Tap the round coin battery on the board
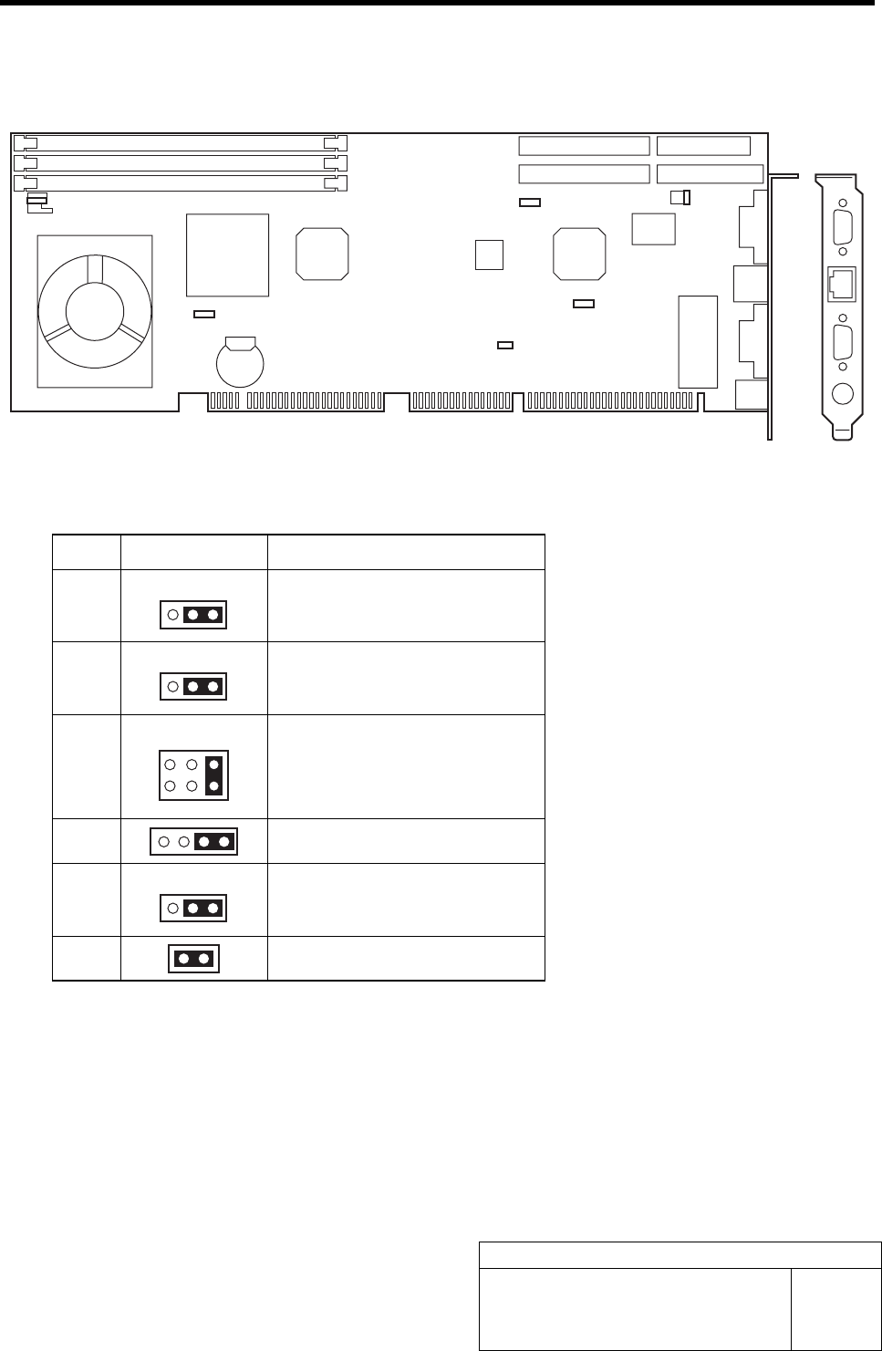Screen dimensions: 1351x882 (240, 362)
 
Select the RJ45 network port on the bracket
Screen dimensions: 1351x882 (840, 284)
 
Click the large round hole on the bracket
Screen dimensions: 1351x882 (844, 394)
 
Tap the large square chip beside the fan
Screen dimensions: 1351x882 (227, 255)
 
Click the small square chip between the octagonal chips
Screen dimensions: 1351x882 (489, 255)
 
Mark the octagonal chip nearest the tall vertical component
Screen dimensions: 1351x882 (580, 254)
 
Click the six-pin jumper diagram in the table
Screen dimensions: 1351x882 (193, 774)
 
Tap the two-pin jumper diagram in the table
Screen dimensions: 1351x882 (193, 959)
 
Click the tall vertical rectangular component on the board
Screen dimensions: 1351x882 (698, 340)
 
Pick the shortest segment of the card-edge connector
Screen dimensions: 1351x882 (459, 400)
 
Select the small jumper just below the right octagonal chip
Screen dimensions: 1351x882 (583, 304)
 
